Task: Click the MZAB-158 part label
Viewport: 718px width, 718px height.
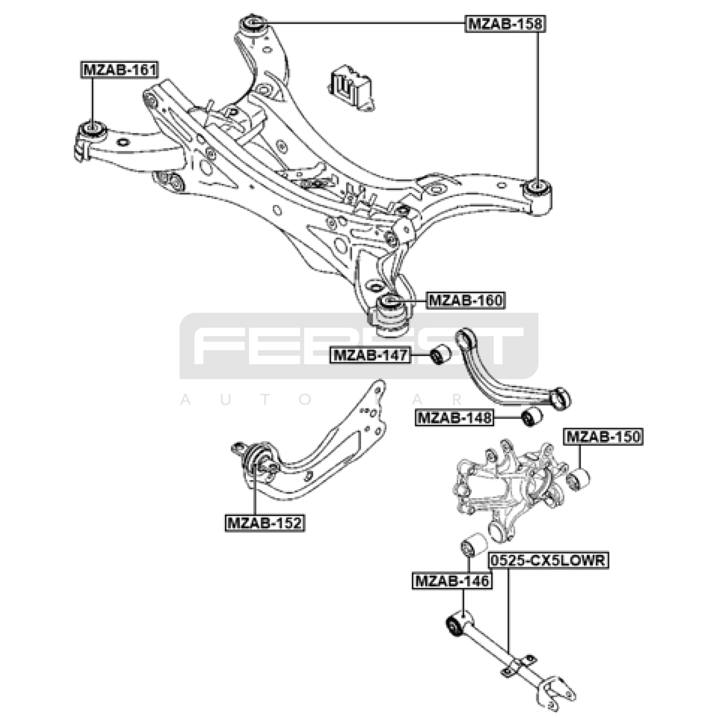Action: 505,23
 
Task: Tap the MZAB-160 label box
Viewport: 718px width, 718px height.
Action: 466,300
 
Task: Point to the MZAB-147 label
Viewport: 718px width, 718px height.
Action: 370,355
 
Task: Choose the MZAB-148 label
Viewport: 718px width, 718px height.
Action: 454,418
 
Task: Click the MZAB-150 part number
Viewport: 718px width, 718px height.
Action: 604,436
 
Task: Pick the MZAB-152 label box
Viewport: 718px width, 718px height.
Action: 265,523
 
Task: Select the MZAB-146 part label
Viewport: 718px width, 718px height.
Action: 452,581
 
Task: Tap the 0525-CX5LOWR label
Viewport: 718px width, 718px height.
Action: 548,560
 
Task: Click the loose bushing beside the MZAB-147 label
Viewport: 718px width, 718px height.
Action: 440,354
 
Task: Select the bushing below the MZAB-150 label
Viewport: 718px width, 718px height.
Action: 578,479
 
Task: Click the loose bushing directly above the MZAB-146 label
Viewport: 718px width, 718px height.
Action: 474,544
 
